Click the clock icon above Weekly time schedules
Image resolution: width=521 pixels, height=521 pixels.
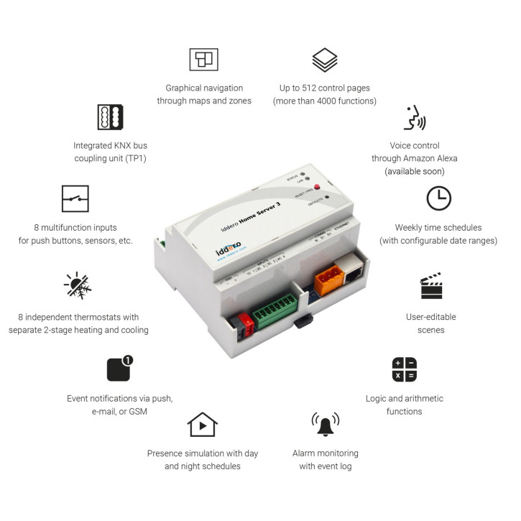pyautogui.click(x=438, y=198)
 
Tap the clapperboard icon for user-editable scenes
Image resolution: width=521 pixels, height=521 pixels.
pyautogui.click(x=431, y=286)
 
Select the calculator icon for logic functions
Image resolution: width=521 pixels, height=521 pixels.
pyautogui.click(x=404, y=369)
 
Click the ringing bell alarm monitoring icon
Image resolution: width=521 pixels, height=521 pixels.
pyautogui.click(x=325, y=424)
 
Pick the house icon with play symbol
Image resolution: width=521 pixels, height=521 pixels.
pyautogui.click(x=202, y=425)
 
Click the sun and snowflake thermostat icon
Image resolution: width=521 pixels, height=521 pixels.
pyautogui.click(x=78, y=285)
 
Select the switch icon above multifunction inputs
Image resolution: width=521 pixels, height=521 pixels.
pyautogui.click(x=75, y=198)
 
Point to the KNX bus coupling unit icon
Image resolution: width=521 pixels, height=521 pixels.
pyautogui.click(x=111, y=116)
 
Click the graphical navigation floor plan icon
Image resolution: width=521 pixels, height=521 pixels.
pyautogui.click(x=203, y=60)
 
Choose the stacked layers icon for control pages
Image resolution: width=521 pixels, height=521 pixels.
pyautogui.click(x=325, y=60)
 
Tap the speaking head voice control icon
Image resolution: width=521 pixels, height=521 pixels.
pyautogui.click(x=415, y=118)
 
